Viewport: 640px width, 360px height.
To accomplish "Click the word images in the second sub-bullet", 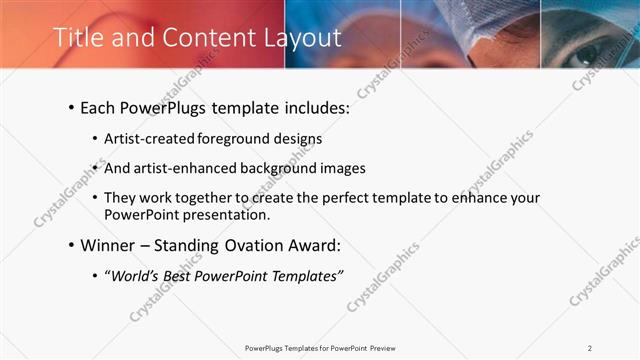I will pyautogui.click(x=342, y=168).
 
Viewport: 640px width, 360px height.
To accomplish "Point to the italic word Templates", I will pyautogui.click(x=305, y=276).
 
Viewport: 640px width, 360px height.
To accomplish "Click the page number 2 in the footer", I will pyautogui.click(x=590, y=348).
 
